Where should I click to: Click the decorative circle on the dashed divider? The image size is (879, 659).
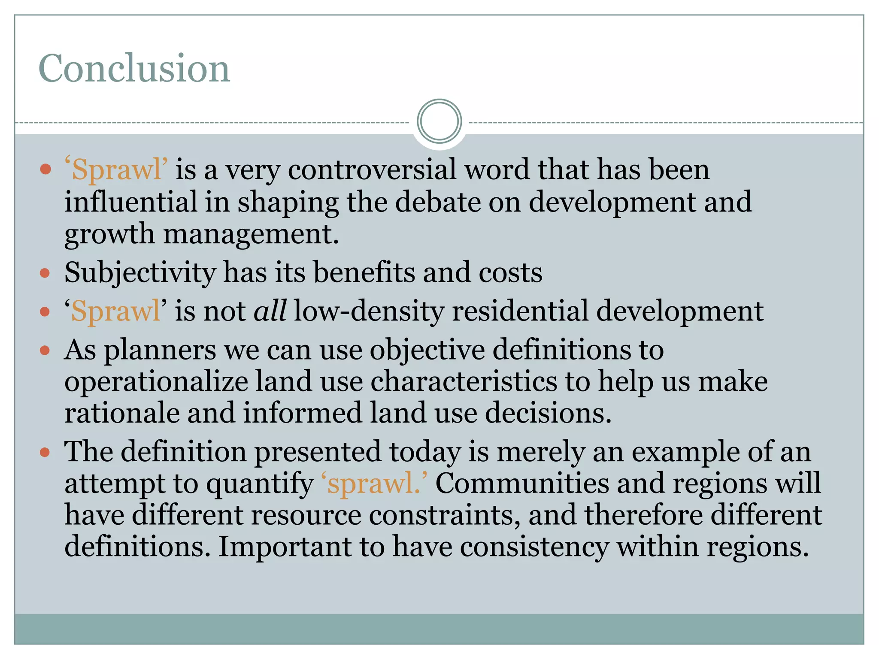(439, 121)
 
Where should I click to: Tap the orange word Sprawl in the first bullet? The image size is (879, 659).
(116, 169)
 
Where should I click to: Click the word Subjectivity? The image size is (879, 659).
(140, 273)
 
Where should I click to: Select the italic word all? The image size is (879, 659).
(270, 311)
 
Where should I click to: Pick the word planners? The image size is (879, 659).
(160, 350)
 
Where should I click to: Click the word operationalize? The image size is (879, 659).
(156, 382)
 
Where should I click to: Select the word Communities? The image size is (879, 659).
(522, 483)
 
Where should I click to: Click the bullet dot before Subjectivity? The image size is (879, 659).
(45, 273)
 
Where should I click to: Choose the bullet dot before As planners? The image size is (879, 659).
(45, 351)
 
